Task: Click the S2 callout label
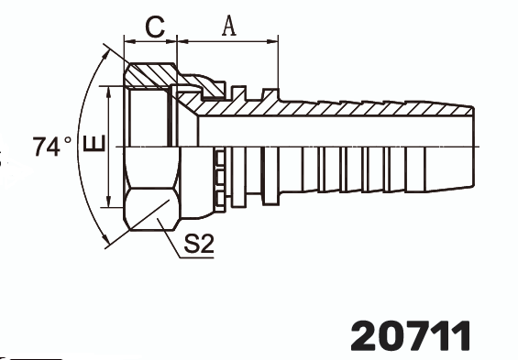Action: tap(200, 244)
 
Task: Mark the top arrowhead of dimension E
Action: tap(109, 91)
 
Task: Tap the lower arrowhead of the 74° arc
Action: tap(108, 242)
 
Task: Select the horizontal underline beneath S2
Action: tap(197, 257)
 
